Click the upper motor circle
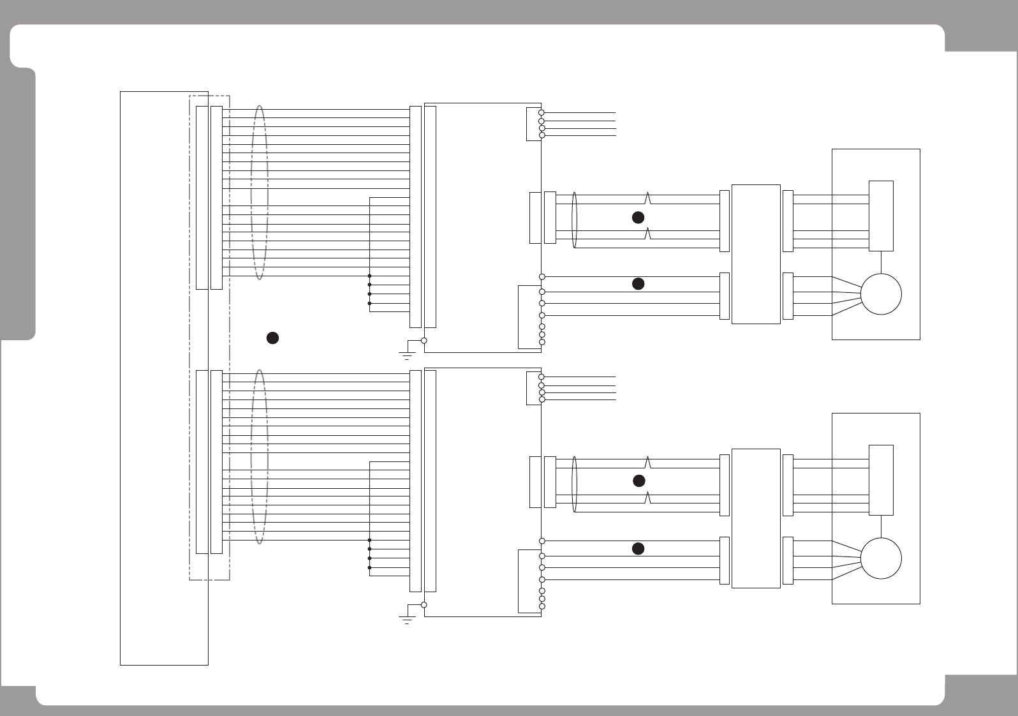pos(881,294)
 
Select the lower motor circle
pos(881,558)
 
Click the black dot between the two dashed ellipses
pos(272,338)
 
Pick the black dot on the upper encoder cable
pos(638,218)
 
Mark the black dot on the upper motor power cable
pos(638,284)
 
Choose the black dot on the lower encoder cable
pos(638,481)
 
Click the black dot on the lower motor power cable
pos(638,548)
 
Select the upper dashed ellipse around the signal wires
pos(260,192)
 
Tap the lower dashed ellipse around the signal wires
pos(260,456)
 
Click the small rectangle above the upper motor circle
pos(881,216)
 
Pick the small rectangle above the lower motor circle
pos(881,480)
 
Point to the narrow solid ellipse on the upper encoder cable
pos(575,220)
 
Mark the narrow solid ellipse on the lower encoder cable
pos(575,484)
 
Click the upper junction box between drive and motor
pos(756,254)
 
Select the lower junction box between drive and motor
pos(756,518)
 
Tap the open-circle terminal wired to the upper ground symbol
pos(424,341)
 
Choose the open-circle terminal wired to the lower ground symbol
pos(424,605)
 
